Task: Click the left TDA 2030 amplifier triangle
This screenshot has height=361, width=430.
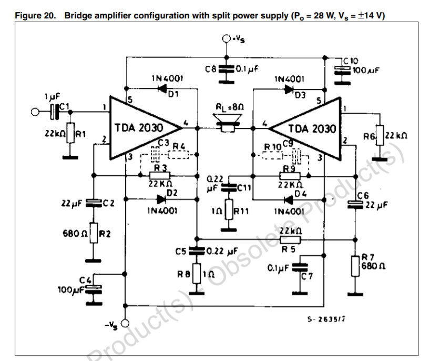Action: (x=142, y=127)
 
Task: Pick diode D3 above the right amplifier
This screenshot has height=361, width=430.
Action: (x=289, y=89)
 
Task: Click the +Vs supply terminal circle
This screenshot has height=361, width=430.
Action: (x=226, y=38)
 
